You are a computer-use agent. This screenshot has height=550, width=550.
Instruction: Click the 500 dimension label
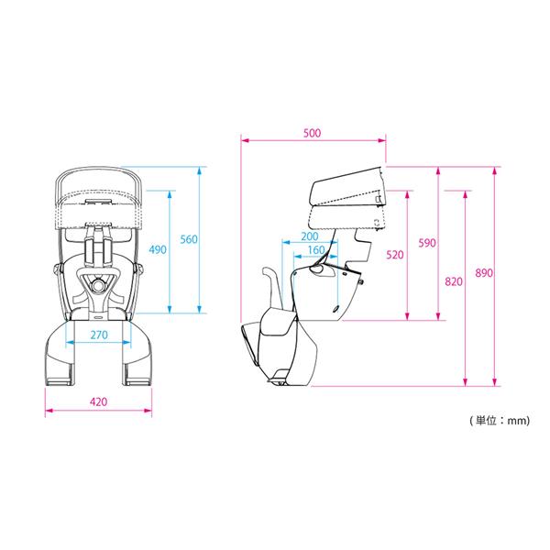pyautogui.click(x=312, y=133)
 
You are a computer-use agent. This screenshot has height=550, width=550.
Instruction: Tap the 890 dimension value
pyautogui.click(x=484, y=273)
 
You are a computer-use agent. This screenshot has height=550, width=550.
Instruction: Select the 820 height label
pyautogui.click(x=454, y=281)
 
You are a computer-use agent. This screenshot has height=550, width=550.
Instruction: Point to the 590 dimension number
pyautogui.click(x=427, y=243)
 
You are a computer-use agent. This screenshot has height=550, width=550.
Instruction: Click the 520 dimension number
pyautogui.click(x=395, y=255)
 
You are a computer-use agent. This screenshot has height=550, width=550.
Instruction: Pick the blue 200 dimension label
pyautogui.click(x=310, y=236)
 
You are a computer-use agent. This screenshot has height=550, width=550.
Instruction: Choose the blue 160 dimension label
pyautogui.click(x=316, y=250)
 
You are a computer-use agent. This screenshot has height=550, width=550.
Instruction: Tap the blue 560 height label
pyautogui.click(x=189, y=239)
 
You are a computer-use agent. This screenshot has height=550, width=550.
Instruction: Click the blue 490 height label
pyautogui.click(x=158, y=249)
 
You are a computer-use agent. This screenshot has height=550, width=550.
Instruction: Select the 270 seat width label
pyautogui.click(x=99, y=335)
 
